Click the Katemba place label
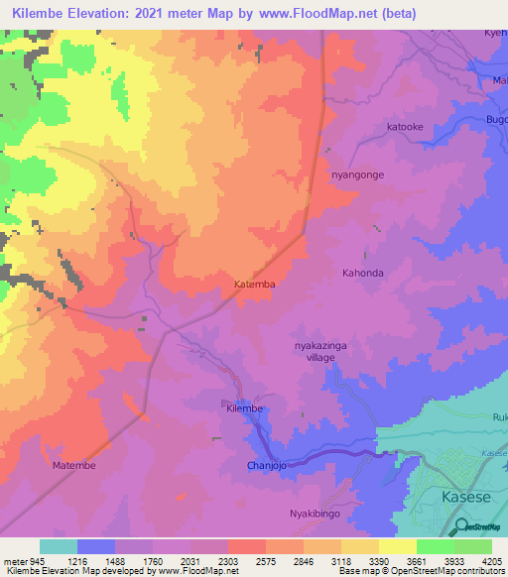(254, 284)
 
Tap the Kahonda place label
(362, 273)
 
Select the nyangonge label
(356, 174)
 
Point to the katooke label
(405, 127)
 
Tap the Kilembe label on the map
(243, 408)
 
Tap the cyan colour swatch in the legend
(58, 546)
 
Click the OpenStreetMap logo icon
(460, 524)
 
